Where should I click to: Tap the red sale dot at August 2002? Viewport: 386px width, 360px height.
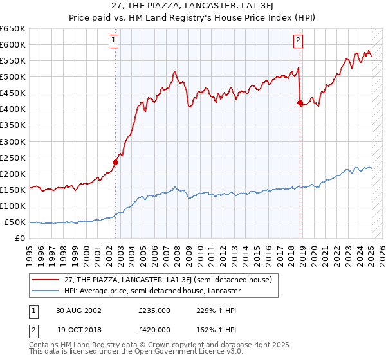[116, 162]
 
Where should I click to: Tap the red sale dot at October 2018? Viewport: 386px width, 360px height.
[300, 102]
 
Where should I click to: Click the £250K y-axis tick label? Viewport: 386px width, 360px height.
[13, 157]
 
